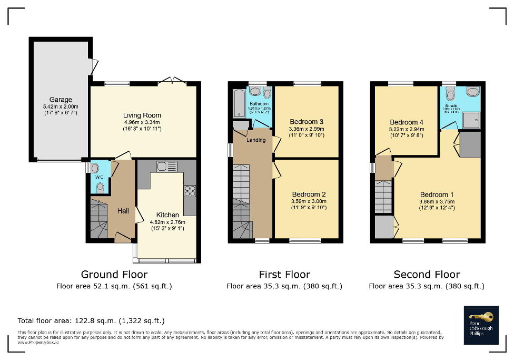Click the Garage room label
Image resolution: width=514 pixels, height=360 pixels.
click(61, 100)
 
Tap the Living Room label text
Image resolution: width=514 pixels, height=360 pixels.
click(142, 115)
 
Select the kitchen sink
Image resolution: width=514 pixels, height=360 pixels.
click(166, 167)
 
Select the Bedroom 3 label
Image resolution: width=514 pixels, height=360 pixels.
click(307, 122)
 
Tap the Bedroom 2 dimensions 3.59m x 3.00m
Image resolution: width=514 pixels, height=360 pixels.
click(309, 201)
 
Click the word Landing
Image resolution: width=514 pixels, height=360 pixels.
click(256, 140)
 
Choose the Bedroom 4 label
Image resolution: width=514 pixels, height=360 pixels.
click(406, 122)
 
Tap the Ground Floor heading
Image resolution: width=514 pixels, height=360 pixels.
click(114, 275)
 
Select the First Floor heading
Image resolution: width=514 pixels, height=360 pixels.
click(284, 275)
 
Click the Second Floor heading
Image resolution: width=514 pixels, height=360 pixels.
click(427, 275)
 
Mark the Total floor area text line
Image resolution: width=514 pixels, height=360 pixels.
click(91, 320)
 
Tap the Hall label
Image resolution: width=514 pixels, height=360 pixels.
click(123, 211)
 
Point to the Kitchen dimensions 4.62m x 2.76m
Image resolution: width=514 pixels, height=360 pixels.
click(167, 222)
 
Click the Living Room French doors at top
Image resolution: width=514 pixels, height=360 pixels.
click(172, 81)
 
